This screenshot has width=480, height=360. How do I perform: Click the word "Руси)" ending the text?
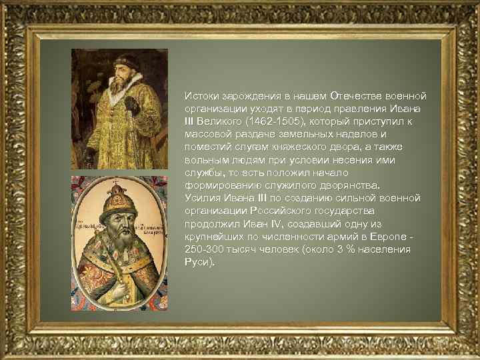(200, 262)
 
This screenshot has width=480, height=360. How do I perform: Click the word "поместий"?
(207, 147)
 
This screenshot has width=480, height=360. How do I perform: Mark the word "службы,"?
(203, 173)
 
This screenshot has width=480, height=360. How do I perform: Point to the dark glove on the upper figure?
(132, 105)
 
